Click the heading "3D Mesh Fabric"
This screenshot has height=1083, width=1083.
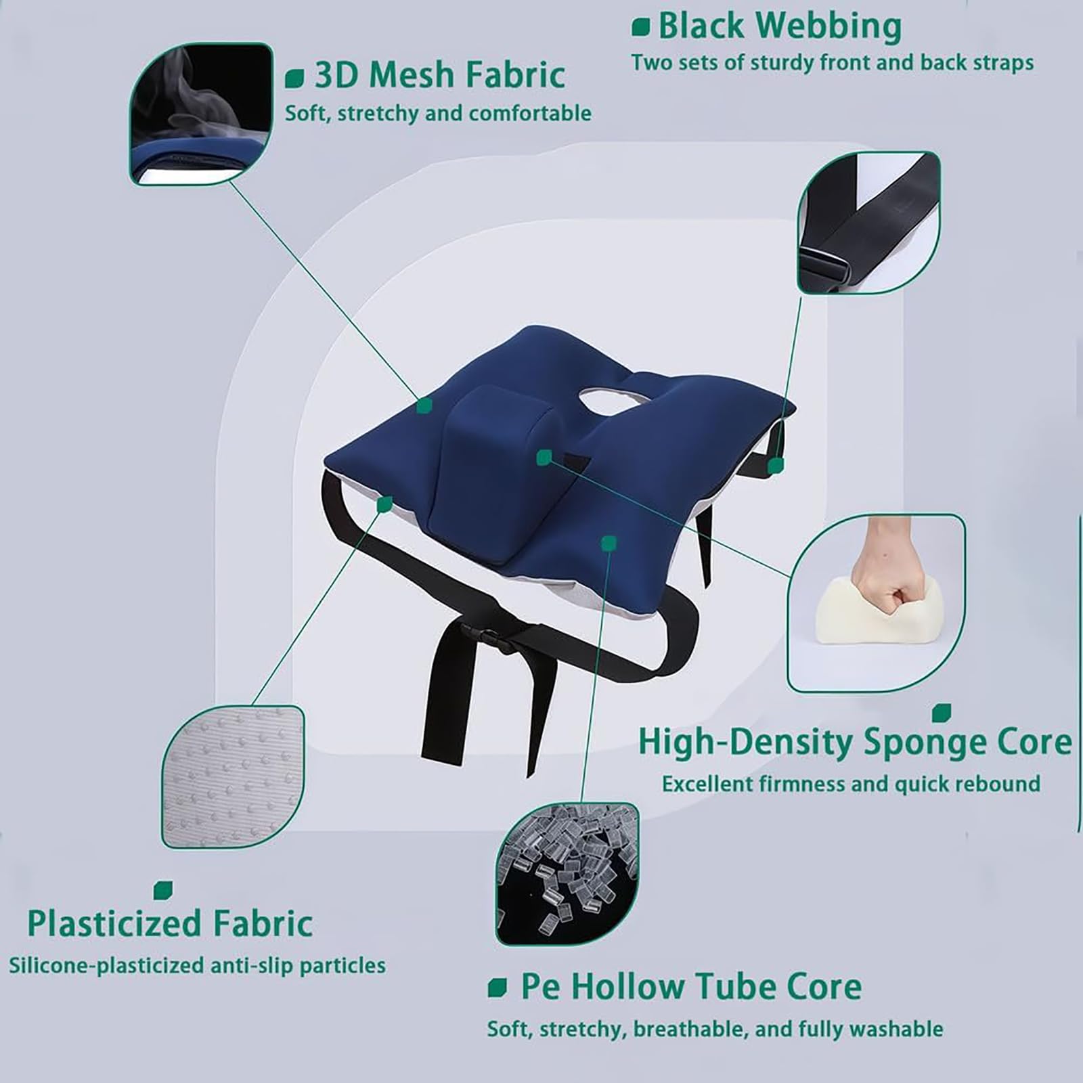pyautogui.click(x=440, y=74)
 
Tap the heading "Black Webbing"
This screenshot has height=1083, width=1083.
pyautogui.click(x=780, y=27)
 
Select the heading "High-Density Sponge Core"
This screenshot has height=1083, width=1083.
pyautogui.click(x=855, y=743)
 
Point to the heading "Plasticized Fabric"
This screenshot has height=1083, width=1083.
pyautogui.click(x=170, y=924)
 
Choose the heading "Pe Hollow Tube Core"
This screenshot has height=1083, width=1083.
pyautogui.click(x=690, y=987)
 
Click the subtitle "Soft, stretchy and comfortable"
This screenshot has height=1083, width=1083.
pyautogui.click(x=438, y=112)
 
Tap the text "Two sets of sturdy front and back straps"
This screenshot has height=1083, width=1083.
pyautogui.click(x=833, y=62)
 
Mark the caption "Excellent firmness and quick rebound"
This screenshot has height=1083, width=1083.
pyautogui.click(x=851, y=784)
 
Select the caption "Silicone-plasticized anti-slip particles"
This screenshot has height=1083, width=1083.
pyautogui.click(x=197, y=965)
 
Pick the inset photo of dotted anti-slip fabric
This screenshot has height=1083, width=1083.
pyautogui.click(x=233, y=776)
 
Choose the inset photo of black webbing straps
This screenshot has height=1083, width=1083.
pyautogui.click(x=868, y=223)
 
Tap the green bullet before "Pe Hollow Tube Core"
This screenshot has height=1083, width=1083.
pyautogui.click(x=497, y=988)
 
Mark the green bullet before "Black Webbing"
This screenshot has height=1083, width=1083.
pyautogui.click(x=640, y=27)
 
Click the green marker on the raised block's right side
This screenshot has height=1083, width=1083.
pyautogui.click(x=543, y=458)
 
